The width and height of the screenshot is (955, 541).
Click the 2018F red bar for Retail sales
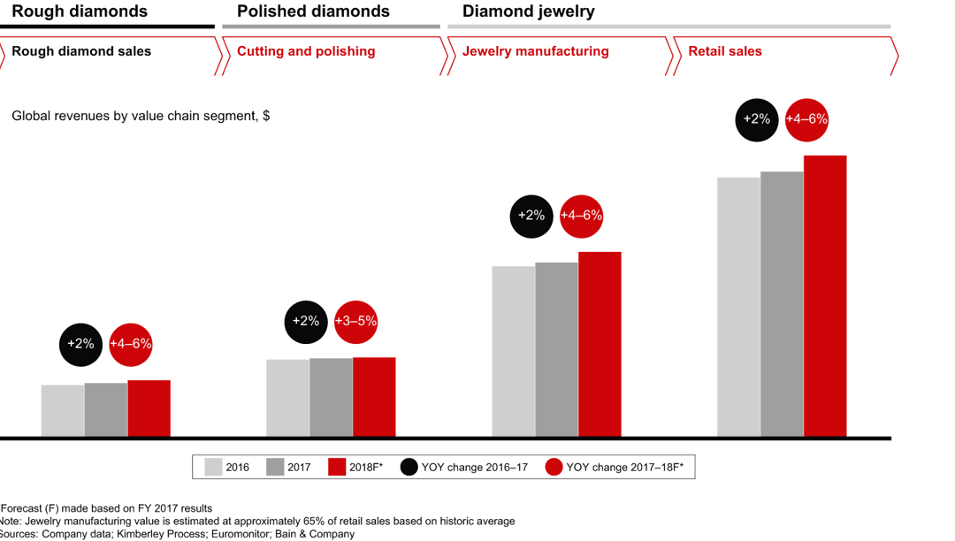[824, 295]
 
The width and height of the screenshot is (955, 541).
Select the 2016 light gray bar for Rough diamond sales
[63, 410]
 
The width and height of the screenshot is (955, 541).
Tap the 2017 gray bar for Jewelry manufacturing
[556, 349]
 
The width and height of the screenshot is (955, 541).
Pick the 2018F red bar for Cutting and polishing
[374, 397]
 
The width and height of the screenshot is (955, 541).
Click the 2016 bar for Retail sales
[738, 307]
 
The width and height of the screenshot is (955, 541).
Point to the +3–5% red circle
[355, 321]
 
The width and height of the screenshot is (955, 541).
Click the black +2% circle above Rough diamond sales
[81, 344]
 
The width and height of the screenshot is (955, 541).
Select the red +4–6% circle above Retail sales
[806, 118]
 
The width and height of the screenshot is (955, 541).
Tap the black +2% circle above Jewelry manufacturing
[531, 215]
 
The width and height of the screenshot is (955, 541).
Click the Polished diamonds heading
[313, 11]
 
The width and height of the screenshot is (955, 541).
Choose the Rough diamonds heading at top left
[80, 11]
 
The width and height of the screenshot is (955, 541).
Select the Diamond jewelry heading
[528, 11]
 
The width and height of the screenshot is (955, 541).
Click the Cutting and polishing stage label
[306, 51]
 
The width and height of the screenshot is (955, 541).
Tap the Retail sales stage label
[725, 51]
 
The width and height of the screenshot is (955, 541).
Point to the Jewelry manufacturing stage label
[535, 51]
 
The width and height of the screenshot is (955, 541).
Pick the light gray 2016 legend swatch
[213, 467]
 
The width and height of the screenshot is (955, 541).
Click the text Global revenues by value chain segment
[140, 115]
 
